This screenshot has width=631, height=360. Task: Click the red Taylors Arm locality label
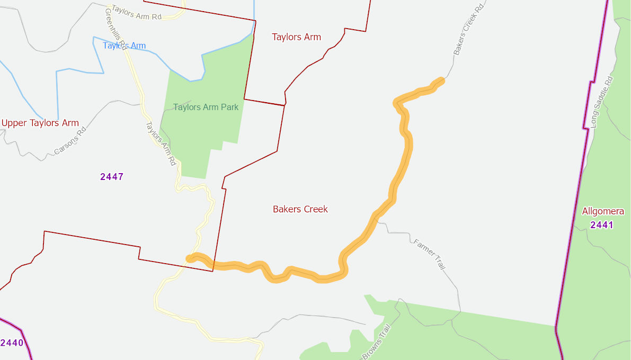[x=296, y=37]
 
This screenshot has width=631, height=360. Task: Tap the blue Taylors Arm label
[x=124, y=46]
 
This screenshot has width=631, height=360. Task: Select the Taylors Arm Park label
[x=206, y=107]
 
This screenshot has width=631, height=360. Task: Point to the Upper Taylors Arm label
[x=40, y=123]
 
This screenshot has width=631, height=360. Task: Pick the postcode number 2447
[x=112, y=177]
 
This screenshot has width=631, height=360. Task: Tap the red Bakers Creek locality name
[x=300, y=209]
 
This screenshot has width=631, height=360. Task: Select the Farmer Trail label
[x=429, y=255]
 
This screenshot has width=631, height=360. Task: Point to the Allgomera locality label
[x=603, y=211]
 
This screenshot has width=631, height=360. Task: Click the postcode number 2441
[x=602, y=225]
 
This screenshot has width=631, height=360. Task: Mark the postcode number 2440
[x=12, y=343]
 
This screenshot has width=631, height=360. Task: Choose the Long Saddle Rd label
[x=601, y=102]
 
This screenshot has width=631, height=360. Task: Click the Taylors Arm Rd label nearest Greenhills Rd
[x=136, y=16]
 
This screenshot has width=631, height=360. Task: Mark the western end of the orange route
[x=190, y=258]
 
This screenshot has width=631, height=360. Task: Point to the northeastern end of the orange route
[x=441, y=80]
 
